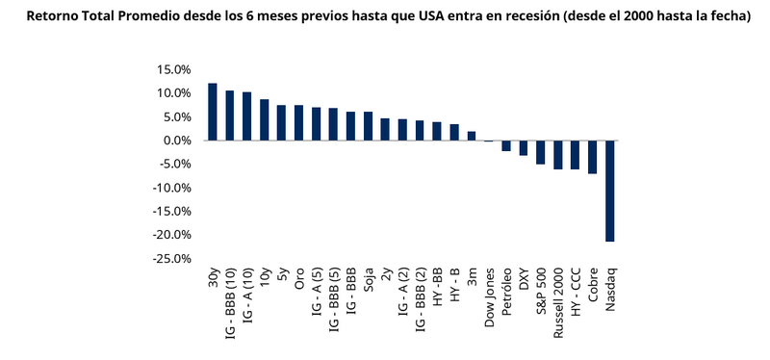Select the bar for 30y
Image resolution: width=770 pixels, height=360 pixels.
pos(212,112)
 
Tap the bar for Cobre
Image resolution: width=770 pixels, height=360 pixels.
pos(592,157)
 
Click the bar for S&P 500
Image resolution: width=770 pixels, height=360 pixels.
pos(540,152)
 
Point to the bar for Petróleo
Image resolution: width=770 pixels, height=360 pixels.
pos(505,145)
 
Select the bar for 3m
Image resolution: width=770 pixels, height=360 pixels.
pos(472,136)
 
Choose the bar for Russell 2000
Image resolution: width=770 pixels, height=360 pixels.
pos(557,155)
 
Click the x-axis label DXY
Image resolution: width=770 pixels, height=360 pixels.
pos(524,281)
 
